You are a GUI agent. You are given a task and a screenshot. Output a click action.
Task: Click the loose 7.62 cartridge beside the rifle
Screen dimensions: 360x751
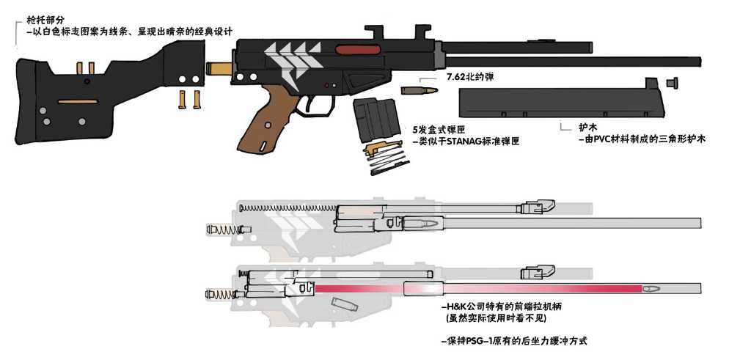point(419,90)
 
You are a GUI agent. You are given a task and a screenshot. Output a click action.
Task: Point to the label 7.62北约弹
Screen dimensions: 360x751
point(469,77)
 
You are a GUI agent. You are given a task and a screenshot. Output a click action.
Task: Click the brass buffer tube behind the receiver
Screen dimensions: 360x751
point(219,70)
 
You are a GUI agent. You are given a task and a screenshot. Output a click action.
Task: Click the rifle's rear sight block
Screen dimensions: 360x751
point(380,32)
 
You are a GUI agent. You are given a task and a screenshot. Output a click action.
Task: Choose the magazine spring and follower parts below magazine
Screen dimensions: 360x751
point(384,158)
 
